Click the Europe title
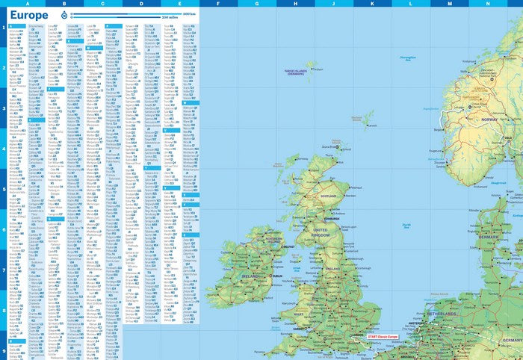point(30,15)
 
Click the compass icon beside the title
point(63,15)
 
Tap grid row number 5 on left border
point(3,190)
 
